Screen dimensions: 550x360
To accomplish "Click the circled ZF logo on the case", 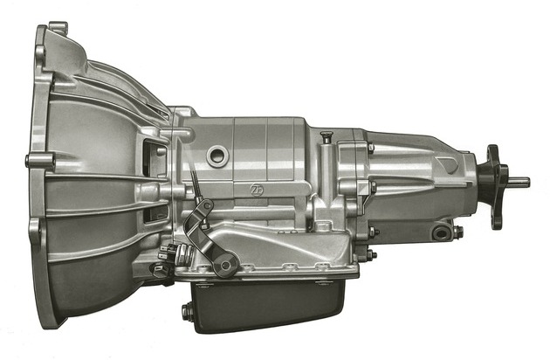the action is pyautogui.click(x=256, y=190).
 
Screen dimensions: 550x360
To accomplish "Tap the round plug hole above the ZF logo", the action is pyautogui.click(x=217, y=156).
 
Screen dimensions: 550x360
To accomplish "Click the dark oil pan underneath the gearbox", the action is pyautogui.click(x=268, y=306).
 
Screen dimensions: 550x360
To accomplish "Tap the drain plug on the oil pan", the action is pyautogui.click(x=187, y=312).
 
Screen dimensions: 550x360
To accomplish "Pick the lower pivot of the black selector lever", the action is pyautogui.click(x=228, y=264).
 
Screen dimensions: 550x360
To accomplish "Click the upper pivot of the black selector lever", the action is pyautogui.click(x=207, y=204).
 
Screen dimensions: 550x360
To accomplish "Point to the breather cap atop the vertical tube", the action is pyautogui.click(x=327, y=135).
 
